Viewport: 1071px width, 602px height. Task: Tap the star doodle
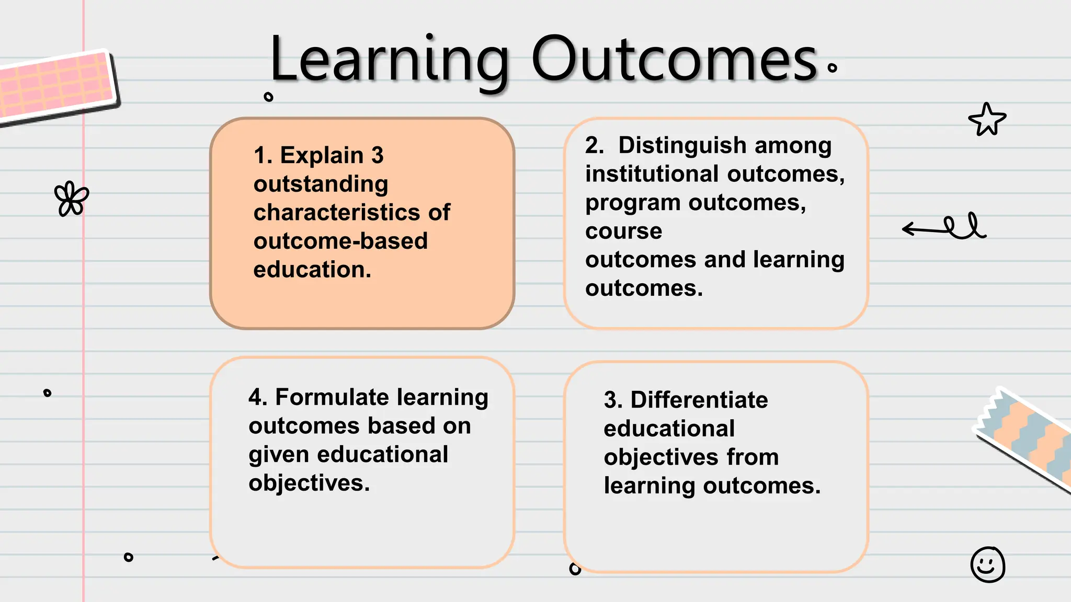click(x=987, y=120)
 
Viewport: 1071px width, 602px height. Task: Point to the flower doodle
click(x=71, y=199)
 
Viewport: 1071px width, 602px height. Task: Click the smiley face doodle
click(x=987, y=564)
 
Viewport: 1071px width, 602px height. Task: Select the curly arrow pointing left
click(x=944, y=227)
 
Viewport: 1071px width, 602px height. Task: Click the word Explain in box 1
click(x=322, y=155)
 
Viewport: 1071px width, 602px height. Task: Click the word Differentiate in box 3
click(x=699, y=400)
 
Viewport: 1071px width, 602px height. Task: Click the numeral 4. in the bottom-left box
click(x=258, y=397)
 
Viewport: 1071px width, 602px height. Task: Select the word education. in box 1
click(x=312, y=270)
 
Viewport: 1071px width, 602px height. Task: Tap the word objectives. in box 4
click(x=309, y=483)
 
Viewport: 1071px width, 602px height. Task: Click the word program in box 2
click(x=632, y=203)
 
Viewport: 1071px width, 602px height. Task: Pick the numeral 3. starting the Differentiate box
click(x=613, y=400)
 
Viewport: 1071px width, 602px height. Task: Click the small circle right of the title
click(x=832, y=67)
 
